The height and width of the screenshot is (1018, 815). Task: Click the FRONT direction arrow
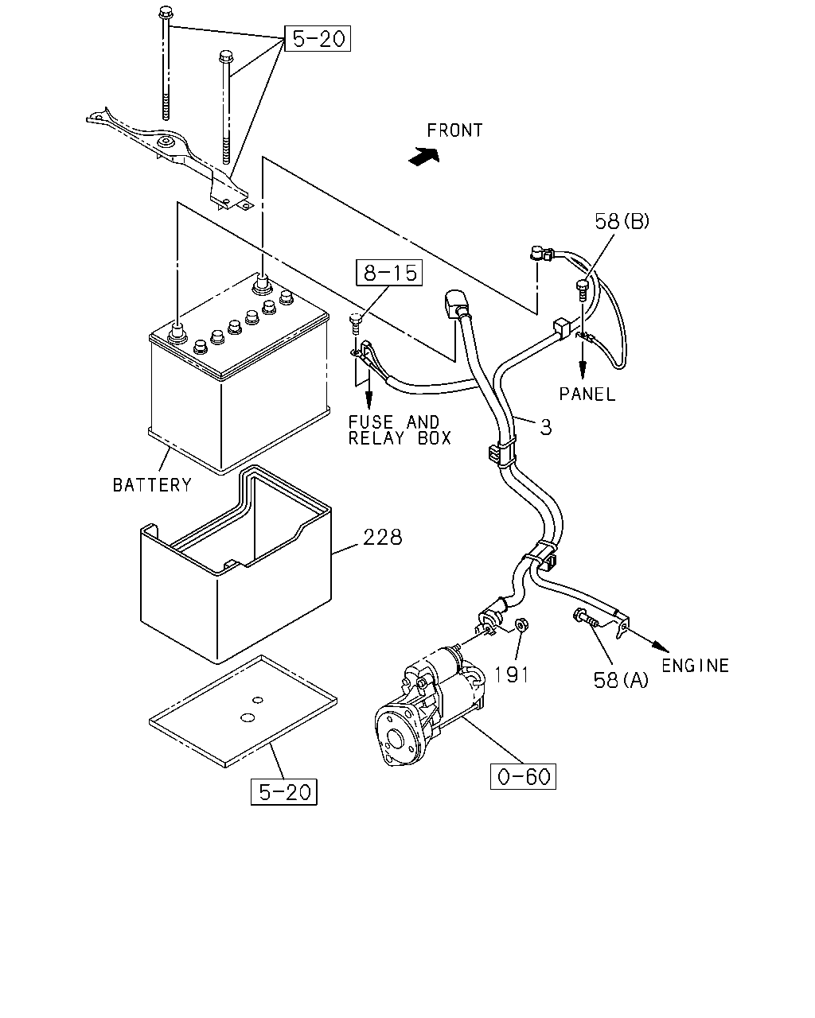[424, 156]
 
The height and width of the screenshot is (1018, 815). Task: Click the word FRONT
[454, 130]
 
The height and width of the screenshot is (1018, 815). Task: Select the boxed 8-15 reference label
[389, 273]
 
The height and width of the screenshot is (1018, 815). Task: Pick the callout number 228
[383, 538]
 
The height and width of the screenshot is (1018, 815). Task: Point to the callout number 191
[512, 674]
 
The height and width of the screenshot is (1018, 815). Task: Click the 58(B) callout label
[622, 221]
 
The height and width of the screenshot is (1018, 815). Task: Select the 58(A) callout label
[621, 680]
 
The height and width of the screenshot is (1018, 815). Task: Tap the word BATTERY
[152, 485]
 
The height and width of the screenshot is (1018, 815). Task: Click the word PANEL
[587, 394]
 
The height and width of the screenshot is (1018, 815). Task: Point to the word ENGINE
[695, 666]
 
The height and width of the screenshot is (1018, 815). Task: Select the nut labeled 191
[521, 625]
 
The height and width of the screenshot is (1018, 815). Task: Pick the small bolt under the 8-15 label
[355, 324]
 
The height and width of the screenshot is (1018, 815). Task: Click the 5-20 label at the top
[318, 38]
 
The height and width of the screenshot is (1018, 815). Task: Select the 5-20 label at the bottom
[283, 791]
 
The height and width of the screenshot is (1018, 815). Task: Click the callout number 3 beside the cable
[546, 428]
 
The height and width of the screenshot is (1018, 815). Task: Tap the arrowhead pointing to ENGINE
[661, 646]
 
